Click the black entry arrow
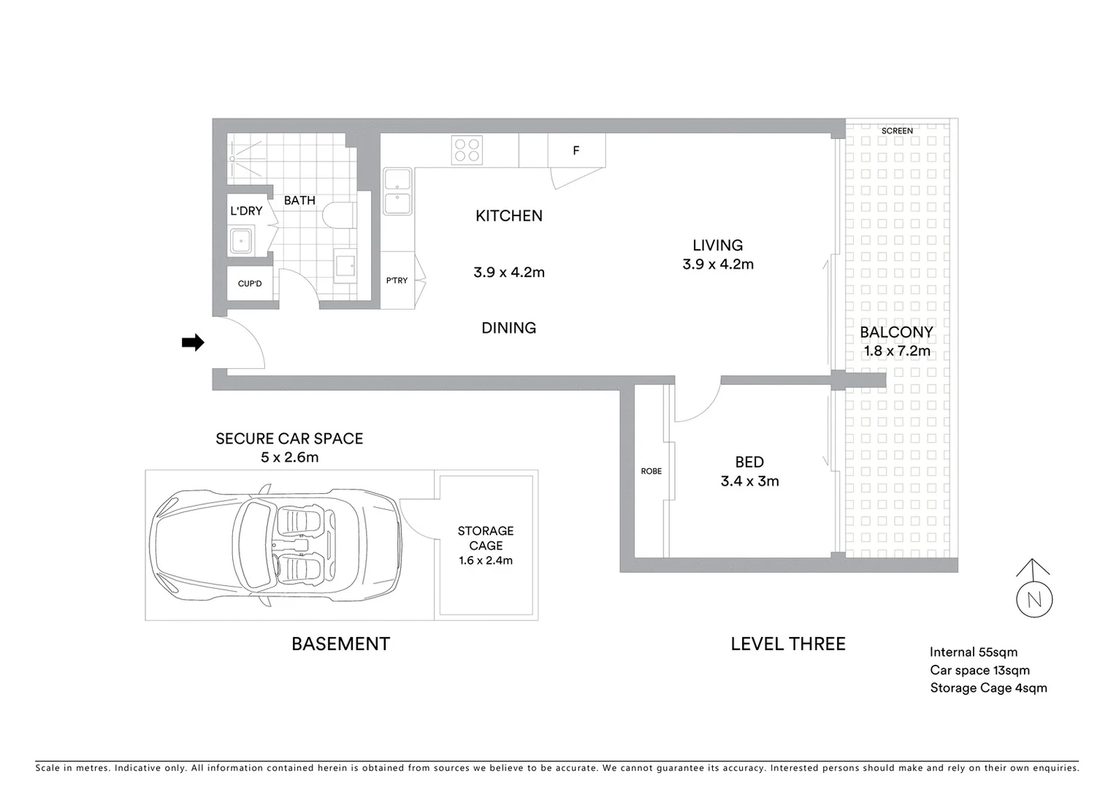coord(193,343)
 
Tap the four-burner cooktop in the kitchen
coord(467,150)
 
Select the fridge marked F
coord(576,150)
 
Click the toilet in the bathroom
coord(338,216)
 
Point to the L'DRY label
coord(246,211)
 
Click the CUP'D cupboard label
coord(250,283)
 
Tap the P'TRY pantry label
coord(397,281)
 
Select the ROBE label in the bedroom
coord(651,471)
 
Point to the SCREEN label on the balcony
coord(897,131)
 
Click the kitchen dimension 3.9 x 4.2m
coord(509,272)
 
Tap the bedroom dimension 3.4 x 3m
coord(749,481)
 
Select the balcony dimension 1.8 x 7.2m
coord(897,351)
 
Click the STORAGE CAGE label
coord(486,538)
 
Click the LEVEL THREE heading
coord(788,644)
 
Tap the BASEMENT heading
coord(340,644)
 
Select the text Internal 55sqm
coord(973,652)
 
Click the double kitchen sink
coord(397,192)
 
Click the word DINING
coord(508,328)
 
